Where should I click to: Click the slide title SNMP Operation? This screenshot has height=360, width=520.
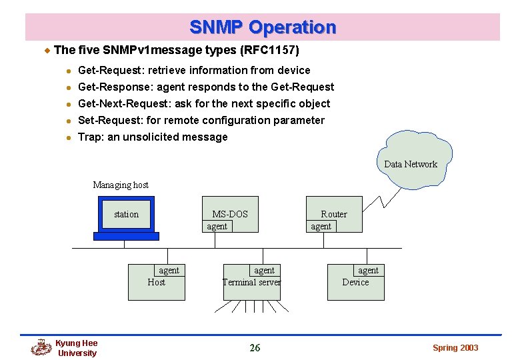coord(263,27)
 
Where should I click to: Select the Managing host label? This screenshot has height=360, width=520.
coord(121,185)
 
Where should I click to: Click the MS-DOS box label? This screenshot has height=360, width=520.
coord(230,214)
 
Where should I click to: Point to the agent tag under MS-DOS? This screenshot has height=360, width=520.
coord(217,227)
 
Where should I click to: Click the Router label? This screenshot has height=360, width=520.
coord(334,214)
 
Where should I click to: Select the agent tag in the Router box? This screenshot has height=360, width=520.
coord(321,227)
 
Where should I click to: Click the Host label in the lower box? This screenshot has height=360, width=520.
coord(156,282)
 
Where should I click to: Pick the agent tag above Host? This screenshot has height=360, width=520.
coord(169,270)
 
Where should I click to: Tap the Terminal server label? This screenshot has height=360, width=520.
coord(251,282)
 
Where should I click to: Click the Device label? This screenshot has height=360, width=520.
coord(355,282)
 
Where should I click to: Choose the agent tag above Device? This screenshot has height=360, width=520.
coord(368,270)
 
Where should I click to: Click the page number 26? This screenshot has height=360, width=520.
coord(255,347)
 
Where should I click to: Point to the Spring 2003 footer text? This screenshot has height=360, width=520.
coord(455,348)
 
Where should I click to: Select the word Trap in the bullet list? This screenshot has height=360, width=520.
coord(90,137)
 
